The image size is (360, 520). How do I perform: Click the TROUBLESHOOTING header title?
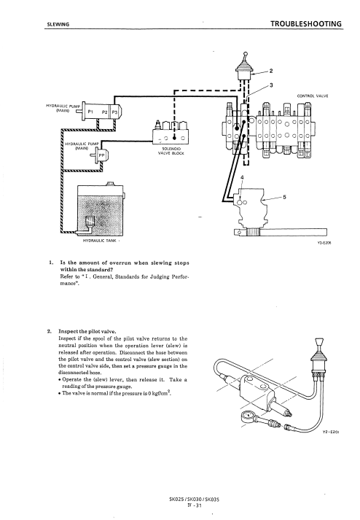click(x=305, y=24)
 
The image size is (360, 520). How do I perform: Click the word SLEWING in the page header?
click(x=58, y=25)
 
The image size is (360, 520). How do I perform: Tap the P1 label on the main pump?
click(x=90, y=112)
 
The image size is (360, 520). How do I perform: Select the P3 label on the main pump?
click(x=114, y=112)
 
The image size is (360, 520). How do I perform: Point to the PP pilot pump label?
click(x=101, y=155)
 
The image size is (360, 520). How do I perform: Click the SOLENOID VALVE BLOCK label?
click(x=171, y=151)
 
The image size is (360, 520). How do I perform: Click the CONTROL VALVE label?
click(x=313, y=96)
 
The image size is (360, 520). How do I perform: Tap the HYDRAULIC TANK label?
click(x=99, y=241)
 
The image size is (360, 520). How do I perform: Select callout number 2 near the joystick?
click(x=271, y=71)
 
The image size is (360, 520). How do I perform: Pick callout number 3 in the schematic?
click(x=272, y=85)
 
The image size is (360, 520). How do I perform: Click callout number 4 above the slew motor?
click(x=242, y=177)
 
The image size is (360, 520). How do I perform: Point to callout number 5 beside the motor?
click(x=284, y=198)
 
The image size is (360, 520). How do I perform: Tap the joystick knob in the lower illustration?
click(x=319, y=342)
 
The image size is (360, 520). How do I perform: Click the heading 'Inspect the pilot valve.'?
click(x=87, y=331)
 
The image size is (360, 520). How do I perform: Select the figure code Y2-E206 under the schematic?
click(x=325, y=243)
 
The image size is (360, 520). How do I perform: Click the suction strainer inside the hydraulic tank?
click(x=90, y=222)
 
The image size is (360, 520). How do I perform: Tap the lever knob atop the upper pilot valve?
click(x=245, y=53)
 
